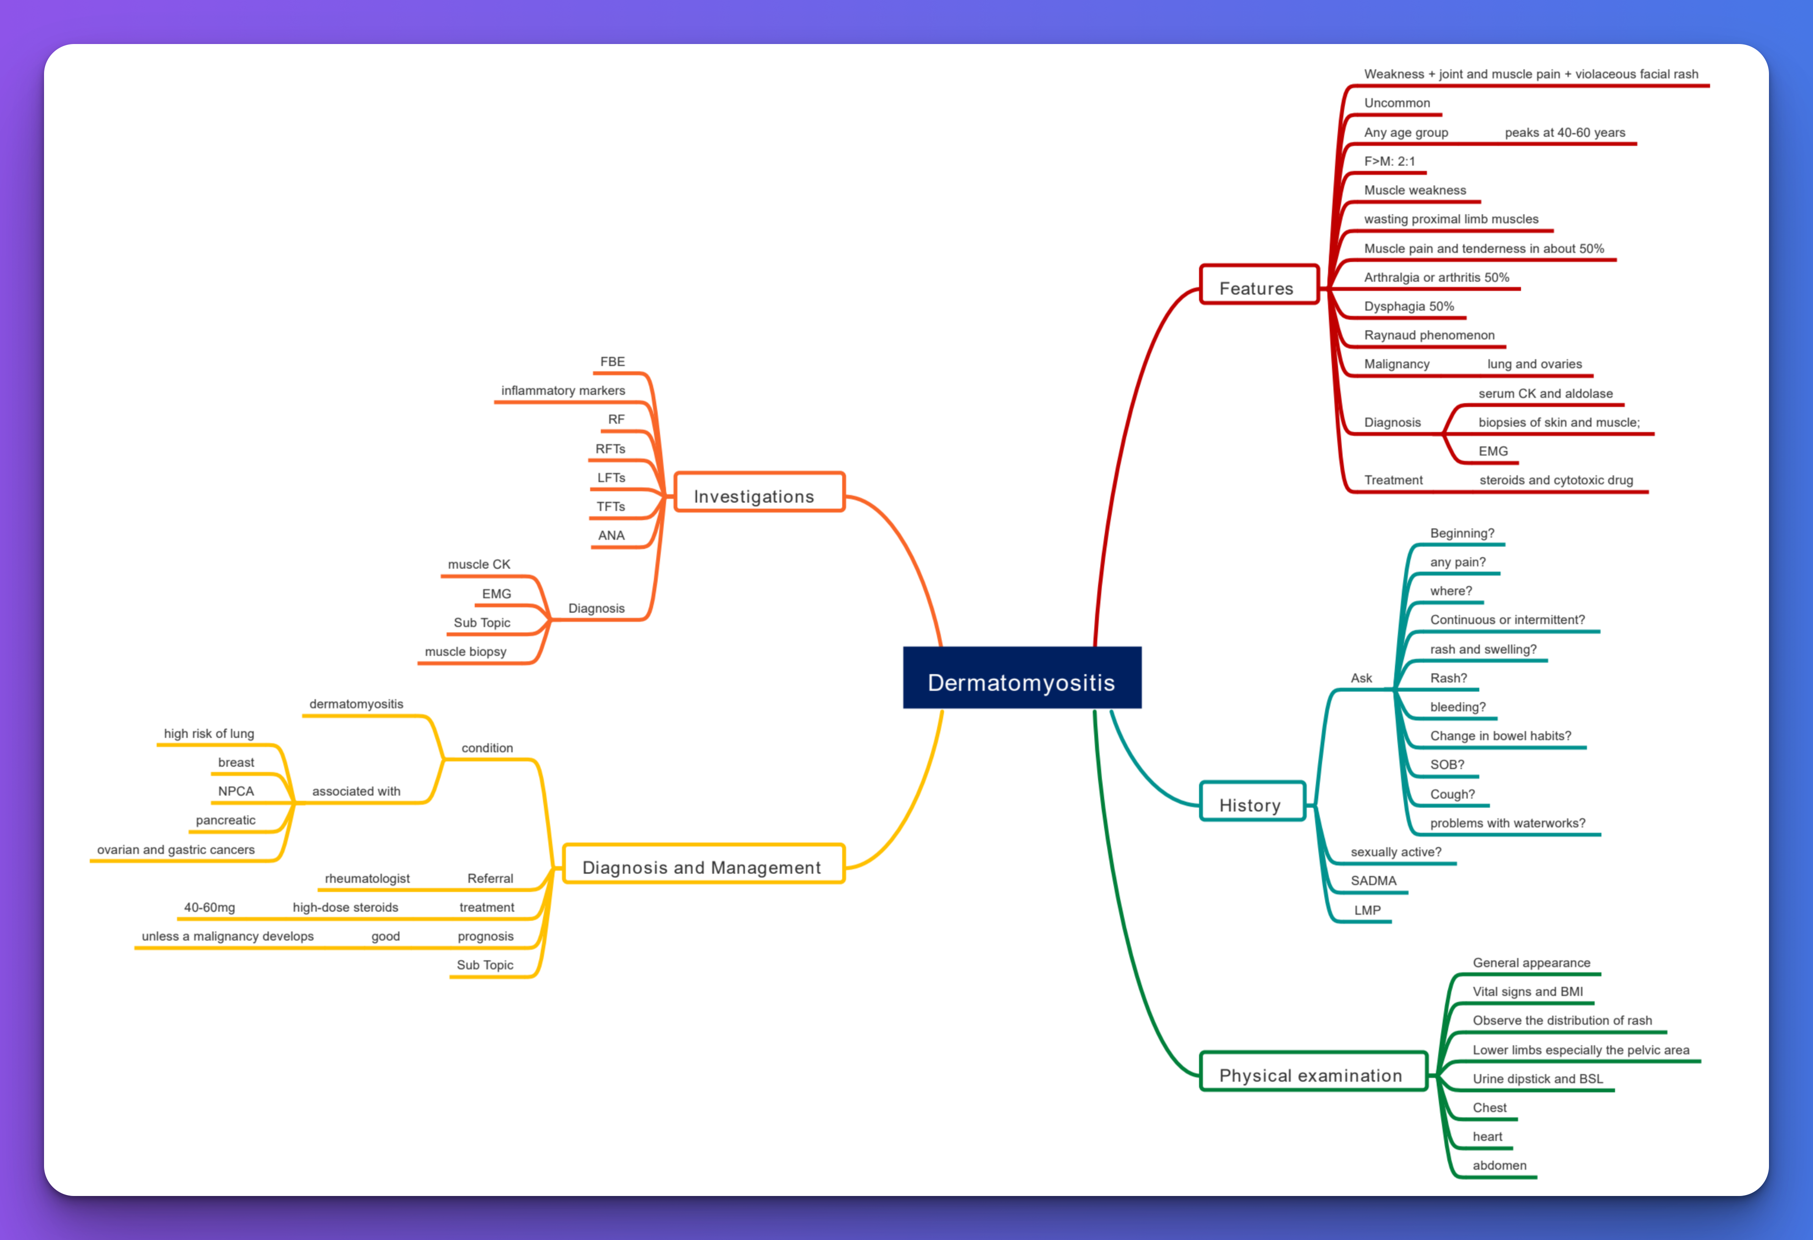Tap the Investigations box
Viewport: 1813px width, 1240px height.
[x=759, y=492]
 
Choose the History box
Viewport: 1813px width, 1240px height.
[x=1252, y=801]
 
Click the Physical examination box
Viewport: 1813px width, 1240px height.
[x=1314, y=1072]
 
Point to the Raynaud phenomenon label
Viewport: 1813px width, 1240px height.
[x=1429, y=335]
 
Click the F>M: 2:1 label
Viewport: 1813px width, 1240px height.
[x=1390, y=161]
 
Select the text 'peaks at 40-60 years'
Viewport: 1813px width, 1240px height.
[x=1565, y=133]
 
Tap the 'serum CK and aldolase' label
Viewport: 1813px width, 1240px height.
[x=1546, y=394]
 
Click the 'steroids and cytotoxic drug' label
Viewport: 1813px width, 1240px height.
[x=1557, y=481]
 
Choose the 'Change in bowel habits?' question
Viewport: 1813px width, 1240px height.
[x=1500, y=736]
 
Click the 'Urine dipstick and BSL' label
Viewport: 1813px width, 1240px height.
[x=1538, y=1079]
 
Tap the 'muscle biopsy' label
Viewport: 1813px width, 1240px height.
[x=465, y=652]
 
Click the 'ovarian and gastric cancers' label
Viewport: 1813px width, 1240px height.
[x=176, y=850]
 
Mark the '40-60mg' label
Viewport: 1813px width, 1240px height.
[x=209, y=908]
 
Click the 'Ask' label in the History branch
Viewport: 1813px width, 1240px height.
[x=1361, y=679]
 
